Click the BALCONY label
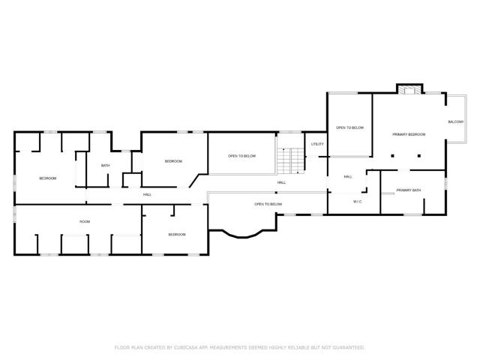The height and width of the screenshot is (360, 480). coord(455,121)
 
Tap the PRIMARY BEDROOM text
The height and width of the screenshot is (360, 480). coord(409,134)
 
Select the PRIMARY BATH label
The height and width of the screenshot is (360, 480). coord(409,190)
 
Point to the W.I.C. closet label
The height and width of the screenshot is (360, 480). coord(358,201)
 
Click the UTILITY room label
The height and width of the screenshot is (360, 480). coord(317,143)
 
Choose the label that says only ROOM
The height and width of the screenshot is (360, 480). coord(85,221)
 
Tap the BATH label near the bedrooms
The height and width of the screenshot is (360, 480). coord(106,166)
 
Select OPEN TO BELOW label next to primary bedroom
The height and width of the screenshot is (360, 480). coord(349,127)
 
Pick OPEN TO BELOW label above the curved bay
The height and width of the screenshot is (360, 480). coord(268,204)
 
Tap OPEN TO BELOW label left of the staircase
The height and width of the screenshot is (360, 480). coord(241,156)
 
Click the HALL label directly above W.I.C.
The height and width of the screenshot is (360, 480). coord(348,177)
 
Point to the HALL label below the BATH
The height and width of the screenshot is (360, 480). coord(148,195)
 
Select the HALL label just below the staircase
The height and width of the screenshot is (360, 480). coord(281,182)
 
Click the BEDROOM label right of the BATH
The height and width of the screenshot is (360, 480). coord(173,161)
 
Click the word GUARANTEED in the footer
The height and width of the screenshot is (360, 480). coord(346,347)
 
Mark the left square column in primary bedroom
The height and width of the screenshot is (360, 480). coord(391,156)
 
